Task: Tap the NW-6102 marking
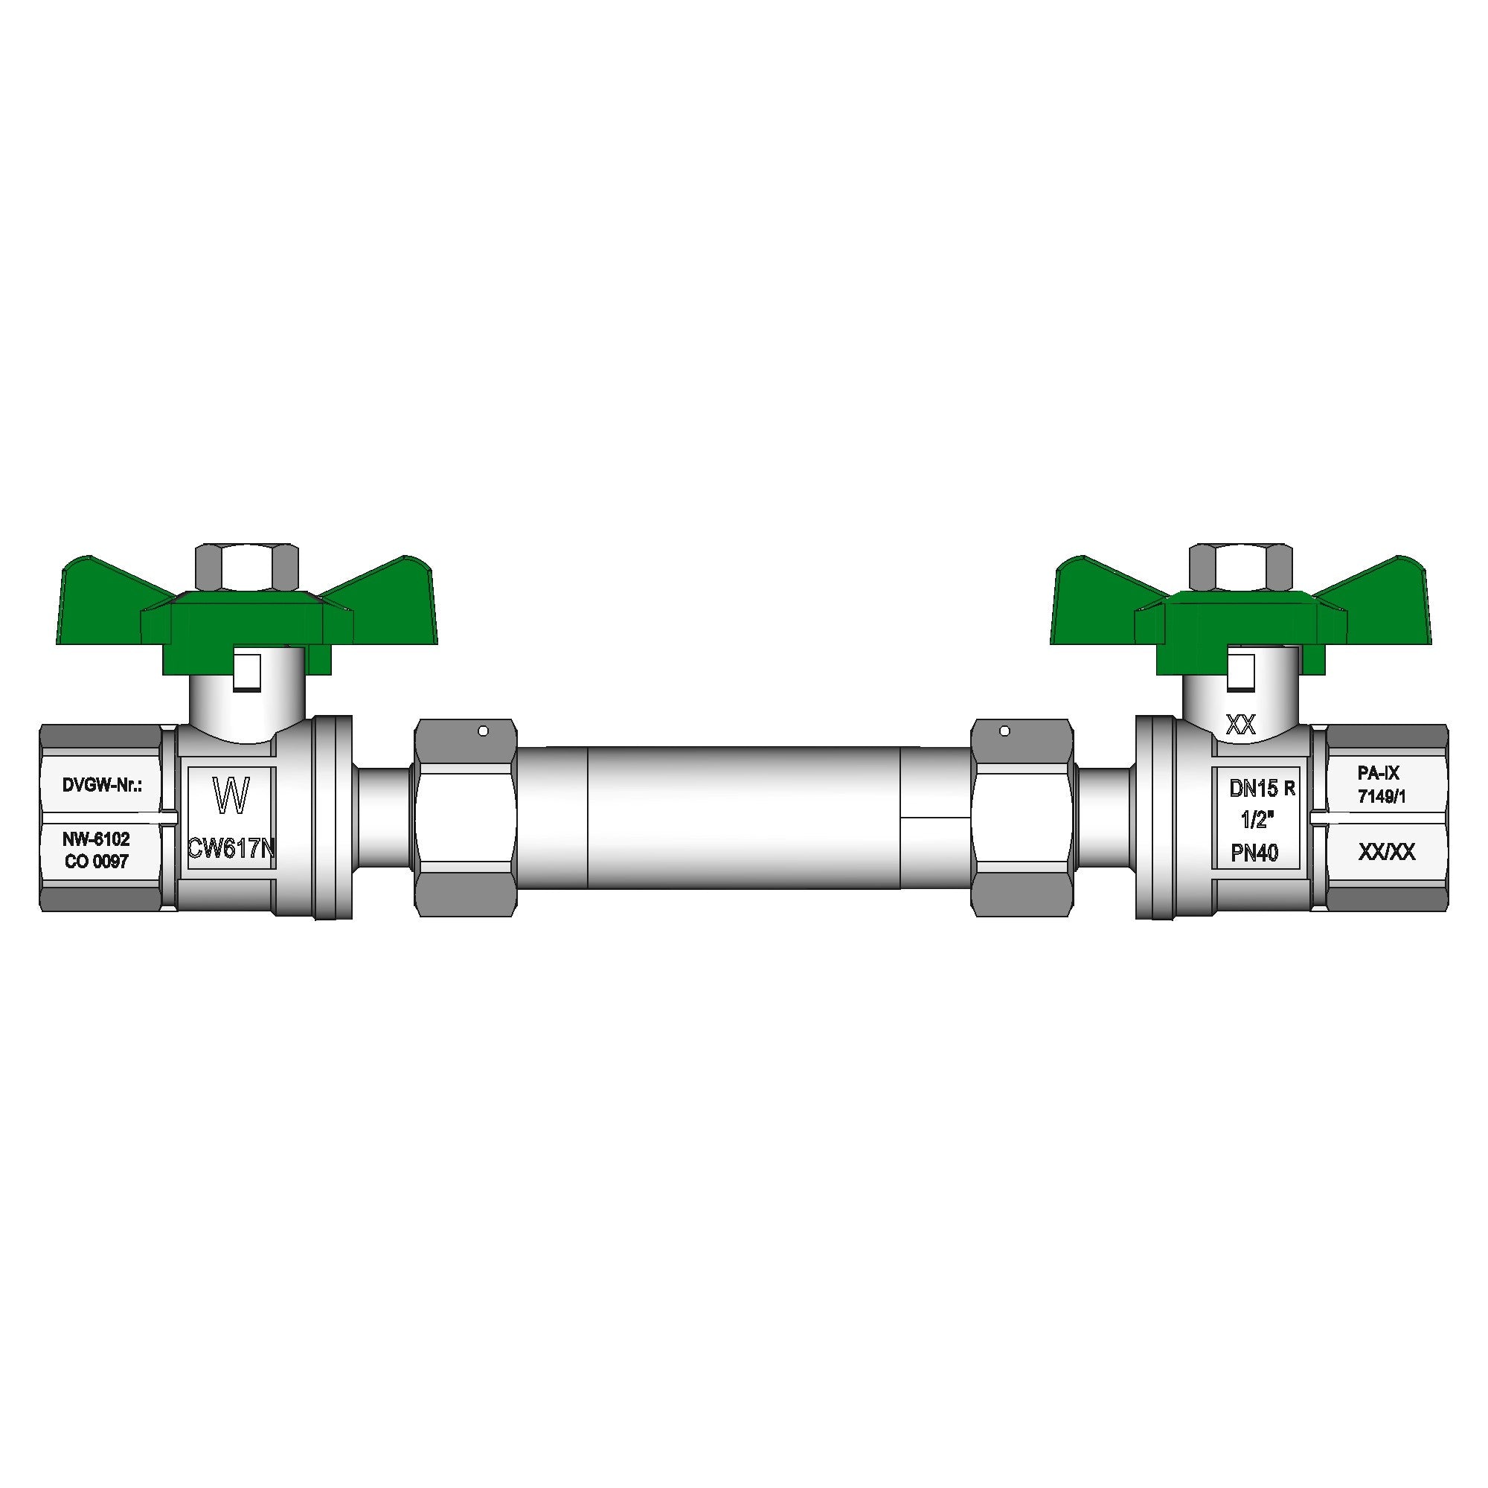click(96, 839)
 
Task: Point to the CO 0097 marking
click(96, 862)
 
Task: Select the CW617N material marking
click(231, 849)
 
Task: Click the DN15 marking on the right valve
click(1253, 788)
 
